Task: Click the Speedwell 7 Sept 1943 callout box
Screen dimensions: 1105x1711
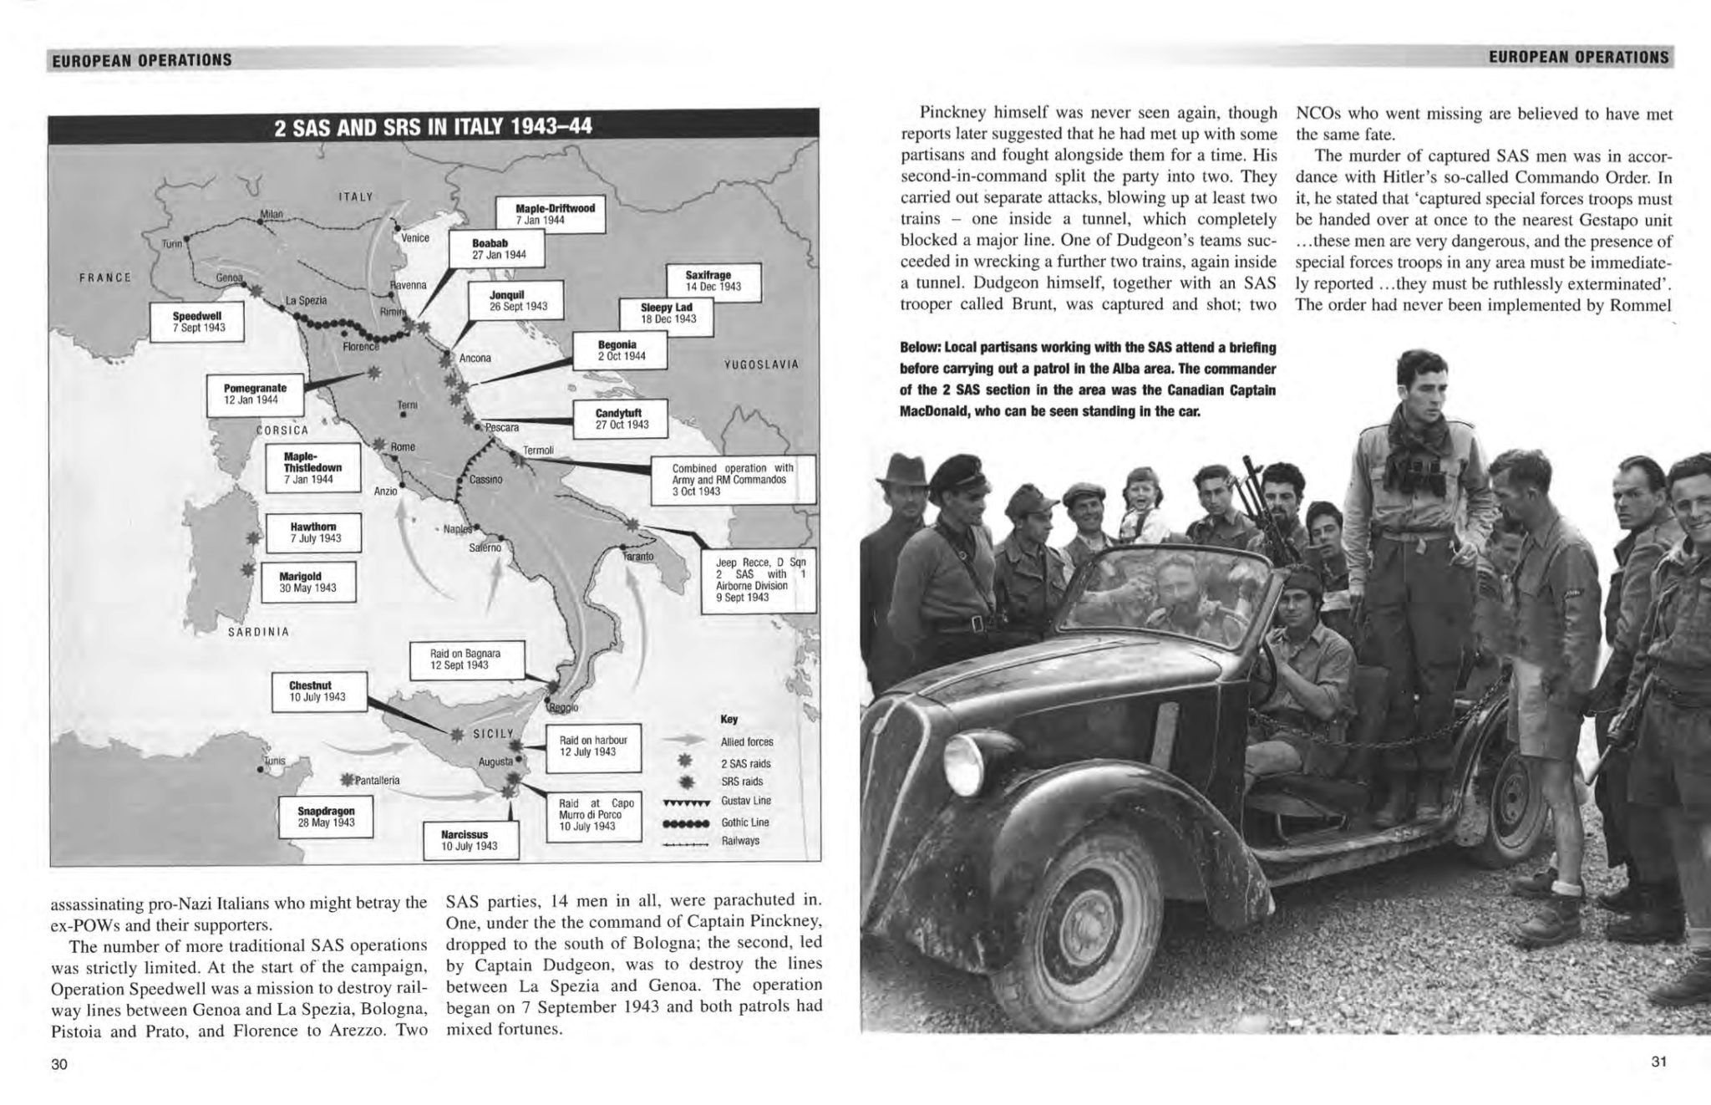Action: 197,322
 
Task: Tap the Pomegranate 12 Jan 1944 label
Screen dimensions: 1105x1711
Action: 255,394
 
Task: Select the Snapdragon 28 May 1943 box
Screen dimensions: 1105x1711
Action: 326,816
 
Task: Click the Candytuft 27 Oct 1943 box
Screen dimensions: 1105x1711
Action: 622,419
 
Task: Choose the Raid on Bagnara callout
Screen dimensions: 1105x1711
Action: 465,659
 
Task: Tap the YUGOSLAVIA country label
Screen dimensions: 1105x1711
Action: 761,364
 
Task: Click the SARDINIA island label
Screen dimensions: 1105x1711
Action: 258,632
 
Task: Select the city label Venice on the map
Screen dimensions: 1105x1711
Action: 415,238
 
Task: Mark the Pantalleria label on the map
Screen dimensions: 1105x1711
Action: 377,781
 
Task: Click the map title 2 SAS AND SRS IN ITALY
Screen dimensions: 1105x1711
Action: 433,128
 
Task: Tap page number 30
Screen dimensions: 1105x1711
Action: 58,1064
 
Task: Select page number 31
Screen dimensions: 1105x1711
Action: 1658,1062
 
